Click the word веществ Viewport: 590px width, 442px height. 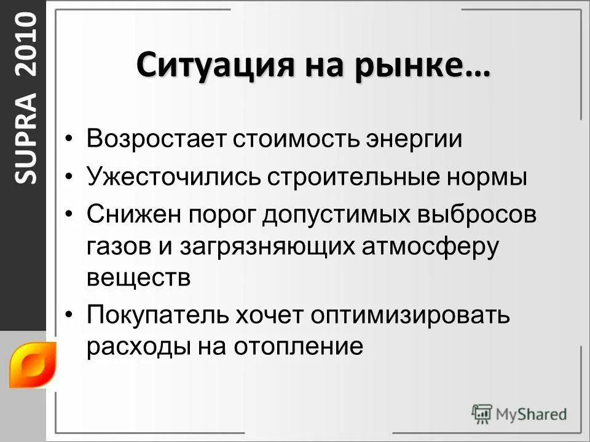139,277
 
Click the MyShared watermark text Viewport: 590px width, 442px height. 531,414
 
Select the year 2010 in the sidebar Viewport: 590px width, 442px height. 26,46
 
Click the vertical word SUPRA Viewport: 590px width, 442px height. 26,138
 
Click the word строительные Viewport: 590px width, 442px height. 352,177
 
